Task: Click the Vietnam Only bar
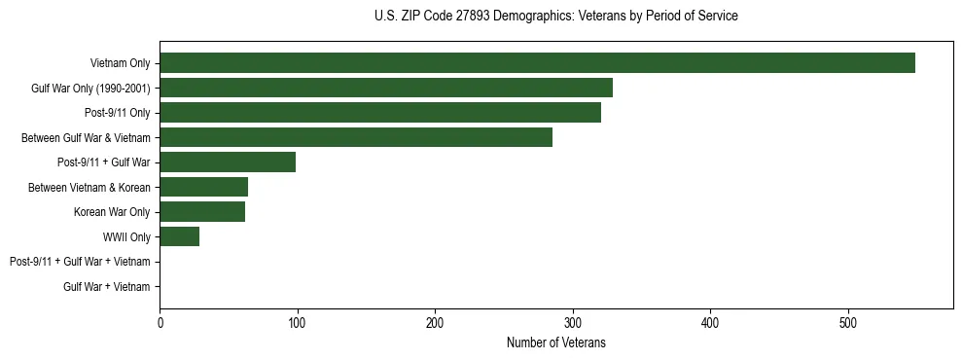(x=537, y=63)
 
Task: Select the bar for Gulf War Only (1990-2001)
(x=386, y=88)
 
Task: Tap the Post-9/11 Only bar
(x=380, y=113)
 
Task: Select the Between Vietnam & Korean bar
(x=203, y=187)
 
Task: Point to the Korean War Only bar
(x=202, y=212)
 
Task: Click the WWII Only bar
(x=179, y=236)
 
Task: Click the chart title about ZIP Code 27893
(x=555, y=17)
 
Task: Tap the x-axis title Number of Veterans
(x=555, y=342)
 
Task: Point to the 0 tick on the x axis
(x=160, y=322)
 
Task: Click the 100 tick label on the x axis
(x=298, y=322)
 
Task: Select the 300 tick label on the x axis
(x=573, y=322)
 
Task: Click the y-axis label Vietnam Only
(x=120, y=63)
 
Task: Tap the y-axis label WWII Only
(x=126, y=236)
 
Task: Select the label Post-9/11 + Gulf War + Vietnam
(x=80, y=262)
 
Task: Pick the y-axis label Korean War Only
(x=112, y=212)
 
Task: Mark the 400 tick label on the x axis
(x=711, y=322)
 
